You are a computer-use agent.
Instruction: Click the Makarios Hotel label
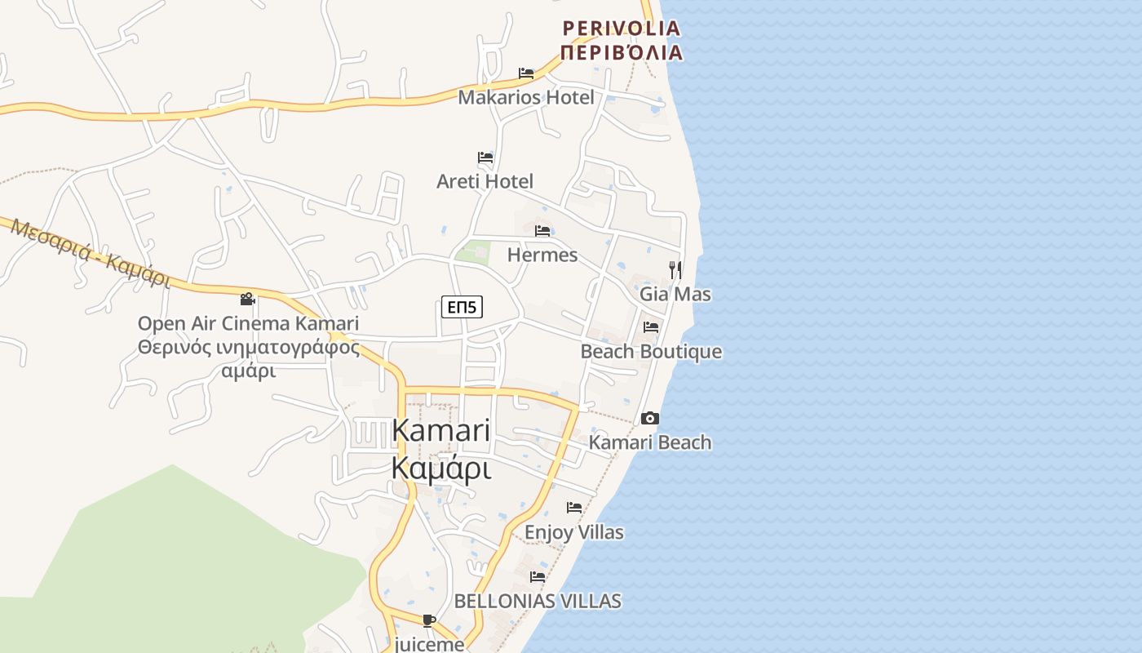526,98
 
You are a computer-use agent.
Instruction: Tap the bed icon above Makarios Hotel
526,73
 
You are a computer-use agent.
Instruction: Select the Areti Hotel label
485,181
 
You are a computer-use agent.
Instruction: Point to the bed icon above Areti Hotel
485,157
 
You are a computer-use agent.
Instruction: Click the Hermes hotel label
542,255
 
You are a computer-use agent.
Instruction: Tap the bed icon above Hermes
542,231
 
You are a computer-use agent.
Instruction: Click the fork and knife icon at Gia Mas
675,269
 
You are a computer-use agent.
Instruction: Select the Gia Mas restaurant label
675,294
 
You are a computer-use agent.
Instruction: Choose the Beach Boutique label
651,352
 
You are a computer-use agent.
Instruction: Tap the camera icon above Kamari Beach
650,419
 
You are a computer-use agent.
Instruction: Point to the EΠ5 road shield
463,307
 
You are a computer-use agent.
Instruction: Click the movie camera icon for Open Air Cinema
248,300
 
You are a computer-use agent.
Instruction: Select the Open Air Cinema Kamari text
248,323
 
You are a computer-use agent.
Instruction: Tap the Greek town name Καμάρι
441,469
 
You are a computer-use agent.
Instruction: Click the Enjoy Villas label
574,532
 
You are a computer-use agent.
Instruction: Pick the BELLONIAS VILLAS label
538,602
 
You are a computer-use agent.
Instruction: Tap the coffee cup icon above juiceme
429,621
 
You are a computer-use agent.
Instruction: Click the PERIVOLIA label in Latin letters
622,29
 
